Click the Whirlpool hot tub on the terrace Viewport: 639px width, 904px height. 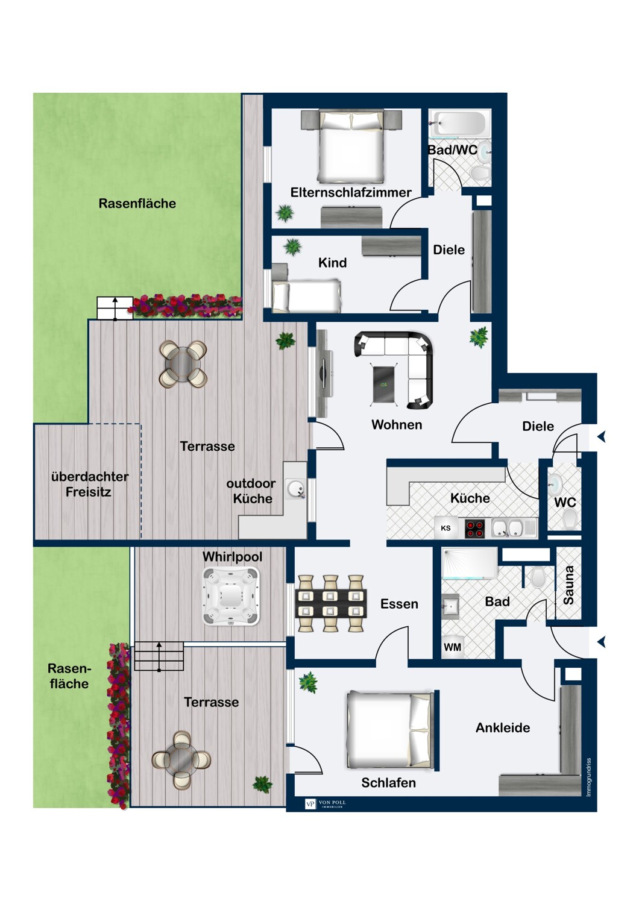click(x=230, y=597)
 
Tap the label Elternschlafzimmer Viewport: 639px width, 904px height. click(x=351, y=192)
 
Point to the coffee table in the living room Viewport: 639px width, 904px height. click(x=385, y=384)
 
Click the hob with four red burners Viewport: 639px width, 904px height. click(x=474, y=529)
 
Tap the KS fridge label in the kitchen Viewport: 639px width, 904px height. click(x=445, y=529)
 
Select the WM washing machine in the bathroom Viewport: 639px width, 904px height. click(x=453, y=647)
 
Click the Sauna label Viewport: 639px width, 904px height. click(x=568, y=585)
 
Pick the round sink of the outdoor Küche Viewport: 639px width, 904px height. click(x=295, y=489)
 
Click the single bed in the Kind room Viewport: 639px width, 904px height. click(x=307, y=296)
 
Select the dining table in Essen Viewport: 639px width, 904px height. click(x=331, y=604)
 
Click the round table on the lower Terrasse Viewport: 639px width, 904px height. click(x=181, y=760)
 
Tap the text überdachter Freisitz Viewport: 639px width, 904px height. click(x=89, y=484)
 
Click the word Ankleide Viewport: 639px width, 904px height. click(x=503, y=727)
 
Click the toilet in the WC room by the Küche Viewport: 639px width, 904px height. click(x=569, y=518)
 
